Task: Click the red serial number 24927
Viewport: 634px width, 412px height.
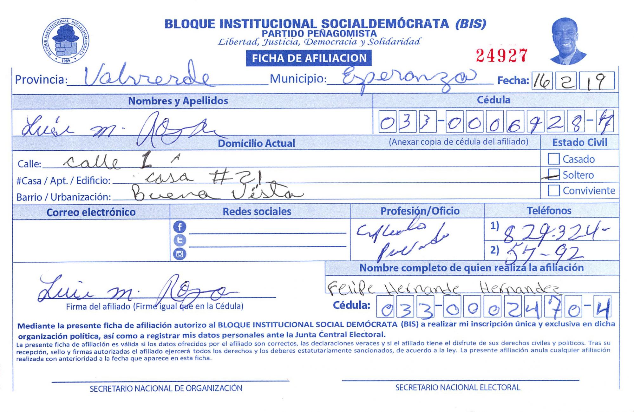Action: click(x=502, y=56)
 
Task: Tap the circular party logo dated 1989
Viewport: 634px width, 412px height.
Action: click(x=66, y=41)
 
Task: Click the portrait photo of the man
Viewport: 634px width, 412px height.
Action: click(x=567, y=41)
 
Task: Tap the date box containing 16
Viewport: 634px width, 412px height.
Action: click(x=542, y=81)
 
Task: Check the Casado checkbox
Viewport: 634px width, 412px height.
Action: click(x=553, y=159)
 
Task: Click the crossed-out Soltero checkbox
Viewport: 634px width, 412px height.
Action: click(x=553, y=174)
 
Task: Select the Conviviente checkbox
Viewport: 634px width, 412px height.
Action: click(x=553, y=190)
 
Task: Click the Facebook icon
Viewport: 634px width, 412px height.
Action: click(x=180, y=227)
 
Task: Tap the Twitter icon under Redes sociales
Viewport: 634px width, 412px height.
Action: click(x=180, y=240)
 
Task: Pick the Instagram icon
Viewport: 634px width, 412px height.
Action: click(x=180, y=254)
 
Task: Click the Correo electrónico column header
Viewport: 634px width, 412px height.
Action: click(x=91, y=212)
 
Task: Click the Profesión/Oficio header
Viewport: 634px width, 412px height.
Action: click(x=420, y=211)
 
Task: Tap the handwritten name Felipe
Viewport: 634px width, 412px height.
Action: click(x=350, y=288)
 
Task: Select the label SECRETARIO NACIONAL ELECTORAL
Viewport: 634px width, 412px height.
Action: click(x=457, y=388)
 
